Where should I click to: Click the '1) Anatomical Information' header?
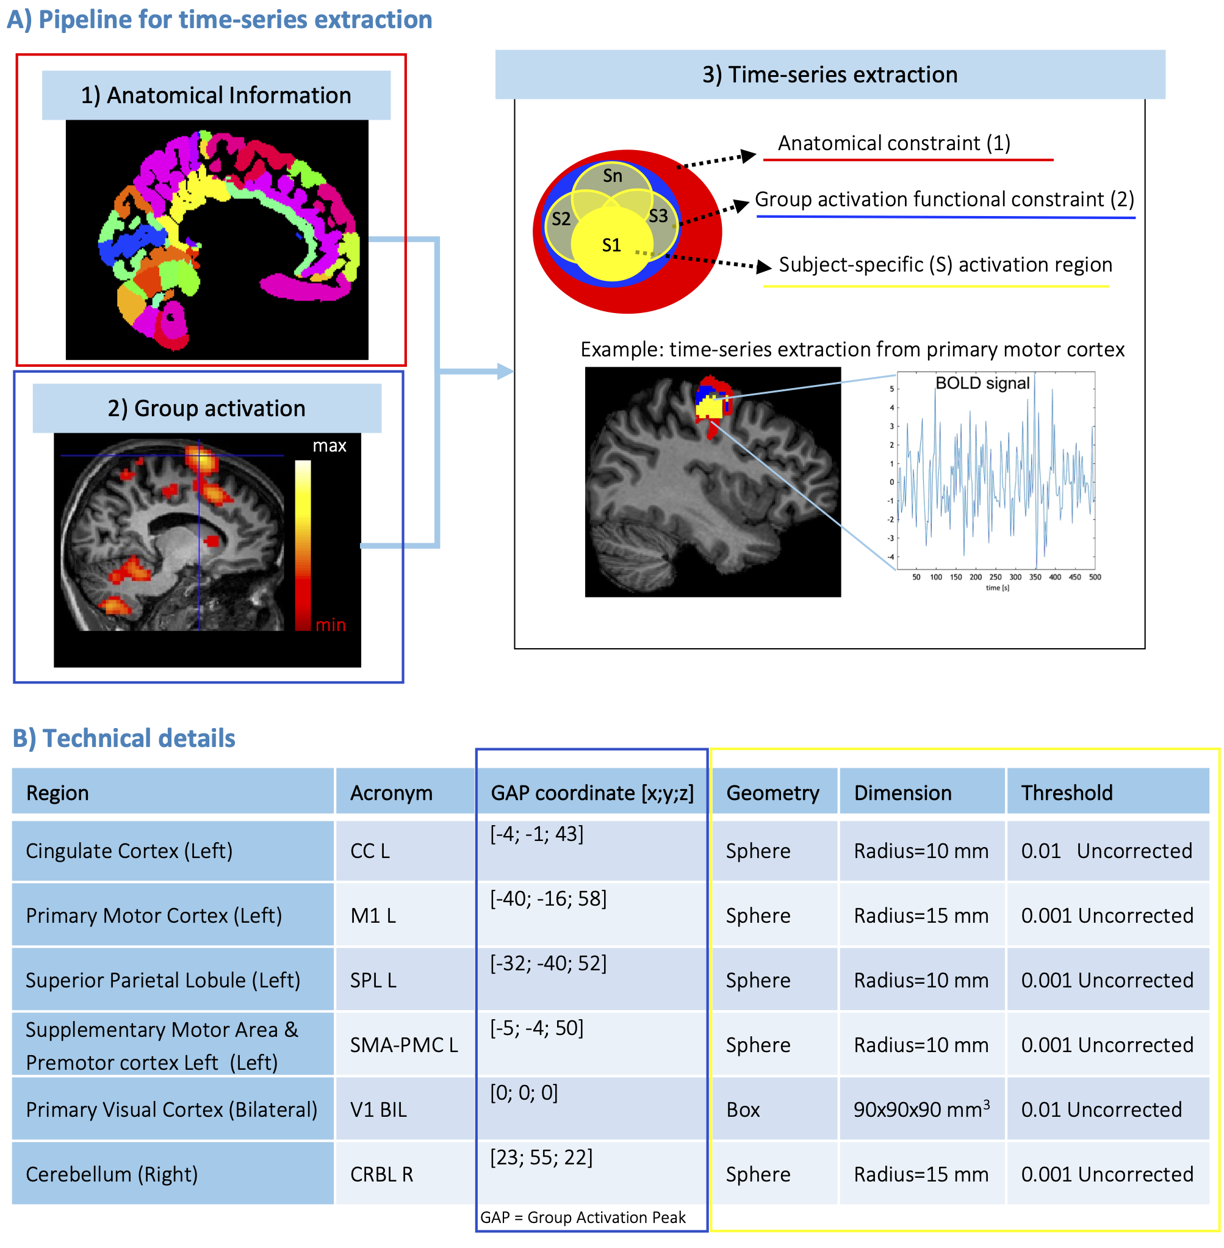pos(216,95)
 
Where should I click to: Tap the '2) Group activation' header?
pos(206,408)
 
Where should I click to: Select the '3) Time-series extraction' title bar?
pos(829,74)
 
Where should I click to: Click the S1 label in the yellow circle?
pos(611,245)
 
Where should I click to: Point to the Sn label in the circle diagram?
pos(612,176)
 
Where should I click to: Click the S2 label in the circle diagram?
pos(561,218)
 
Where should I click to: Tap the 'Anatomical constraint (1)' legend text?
pos(893,143)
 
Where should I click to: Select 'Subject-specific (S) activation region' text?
pos(945,264)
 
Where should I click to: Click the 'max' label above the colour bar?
pos(329,445)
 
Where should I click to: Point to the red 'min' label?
pos(331,624)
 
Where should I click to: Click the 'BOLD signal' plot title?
pos(982,383)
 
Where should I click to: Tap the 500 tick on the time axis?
pos(1095,577)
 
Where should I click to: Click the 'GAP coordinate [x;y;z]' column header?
pos(592,793)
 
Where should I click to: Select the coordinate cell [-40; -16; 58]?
pos(549,898)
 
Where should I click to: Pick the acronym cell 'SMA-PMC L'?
pos(404,1045)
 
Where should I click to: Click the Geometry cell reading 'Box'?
pos(743,1109)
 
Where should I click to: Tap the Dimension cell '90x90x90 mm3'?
pos(921,1109)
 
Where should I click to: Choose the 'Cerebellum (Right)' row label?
pos(112,1174)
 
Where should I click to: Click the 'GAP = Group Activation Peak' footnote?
pos(583,1217)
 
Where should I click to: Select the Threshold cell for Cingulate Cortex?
pos(1106,851)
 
